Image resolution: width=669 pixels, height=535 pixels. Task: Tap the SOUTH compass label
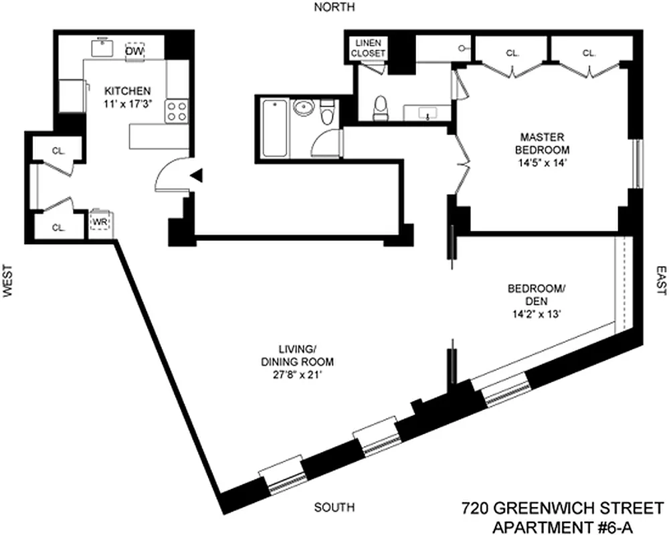pos(337,506)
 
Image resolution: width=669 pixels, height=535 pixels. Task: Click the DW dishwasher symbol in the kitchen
pos(135,51)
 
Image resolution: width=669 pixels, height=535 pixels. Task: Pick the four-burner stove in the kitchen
pos(177,110)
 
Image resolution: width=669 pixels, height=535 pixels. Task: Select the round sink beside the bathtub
pos(303,108)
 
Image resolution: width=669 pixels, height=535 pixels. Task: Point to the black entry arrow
pos(197,175)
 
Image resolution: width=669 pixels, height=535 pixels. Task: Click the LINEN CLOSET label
pos(367,48)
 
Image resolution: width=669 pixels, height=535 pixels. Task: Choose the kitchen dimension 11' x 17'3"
pos(126,104)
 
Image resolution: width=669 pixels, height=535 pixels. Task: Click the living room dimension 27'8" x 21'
pos(297,374)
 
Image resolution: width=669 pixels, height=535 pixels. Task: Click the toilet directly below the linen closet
pos(380,109)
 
